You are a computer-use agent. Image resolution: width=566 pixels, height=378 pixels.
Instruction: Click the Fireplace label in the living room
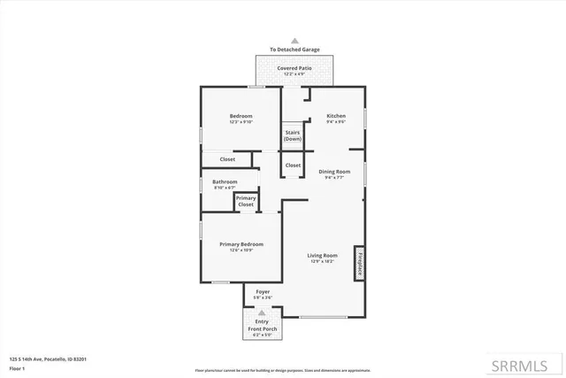pyautogui.click(x=360, y=263)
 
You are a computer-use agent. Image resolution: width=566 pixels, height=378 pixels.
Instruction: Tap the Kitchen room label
pyautogui.click(x=335, y=117)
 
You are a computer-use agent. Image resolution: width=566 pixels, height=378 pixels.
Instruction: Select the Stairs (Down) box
pyautogui.click(x=293, y=135)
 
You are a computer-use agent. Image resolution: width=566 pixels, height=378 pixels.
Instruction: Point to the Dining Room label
pyautogui.click(x=334, y=172)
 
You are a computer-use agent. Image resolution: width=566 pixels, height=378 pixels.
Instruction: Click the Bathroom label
pyautogui.click(x=225, y=182)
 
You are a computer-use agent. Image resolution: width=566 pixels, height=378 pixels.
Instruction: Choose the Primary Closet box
pyautogui.click(x=246, y=201)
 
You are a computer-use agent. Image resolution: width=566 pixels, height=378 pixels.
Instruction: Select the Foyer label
pyautogui.click(x=263, y=291)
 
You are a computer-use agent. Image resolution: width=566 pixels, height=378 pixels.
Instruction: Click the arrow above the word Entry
pyautogui.click(x=262, y=312)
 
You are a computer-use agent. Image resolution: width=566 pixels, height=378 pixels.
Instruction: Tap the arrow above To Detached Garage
pyautogui.click(x=295, y=41)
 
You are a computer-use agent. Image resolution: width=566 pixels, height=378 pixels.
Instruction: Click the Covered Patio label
pyautogui.click(x=294, y=69)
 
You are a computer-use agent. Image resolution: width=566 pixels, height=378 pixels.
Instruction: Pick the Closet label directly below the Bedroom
pyautogui.click(x=227, y=159)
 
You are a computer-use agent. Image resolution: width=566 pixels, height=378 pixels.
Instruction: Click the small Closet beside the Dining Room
pyautogui.click(x=293, y=166)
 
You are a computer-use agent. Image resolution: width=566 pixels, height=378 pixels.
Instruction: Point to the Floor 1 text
pyautogui.click(x=16, y=366)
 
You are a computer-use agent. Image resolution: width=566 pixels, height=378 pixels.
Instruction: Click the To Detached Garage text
pyautogui.click(x=295, y=50)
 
